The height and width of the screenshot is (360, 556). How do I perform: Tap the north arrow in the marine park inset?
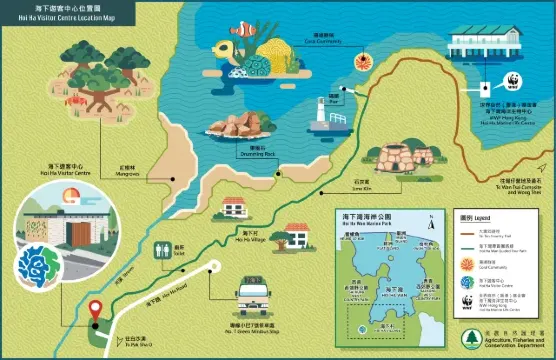pyautogui.click(x=428, y=222)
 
